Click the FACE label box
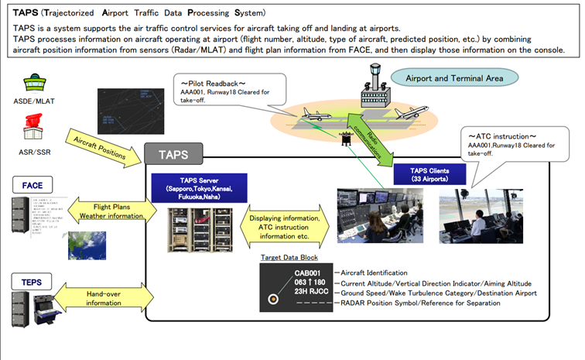(32, 185)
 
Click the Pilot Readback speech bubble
(231, 92)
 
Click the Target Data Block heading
(288, 257)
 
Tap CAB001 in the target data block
(309, 273)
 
